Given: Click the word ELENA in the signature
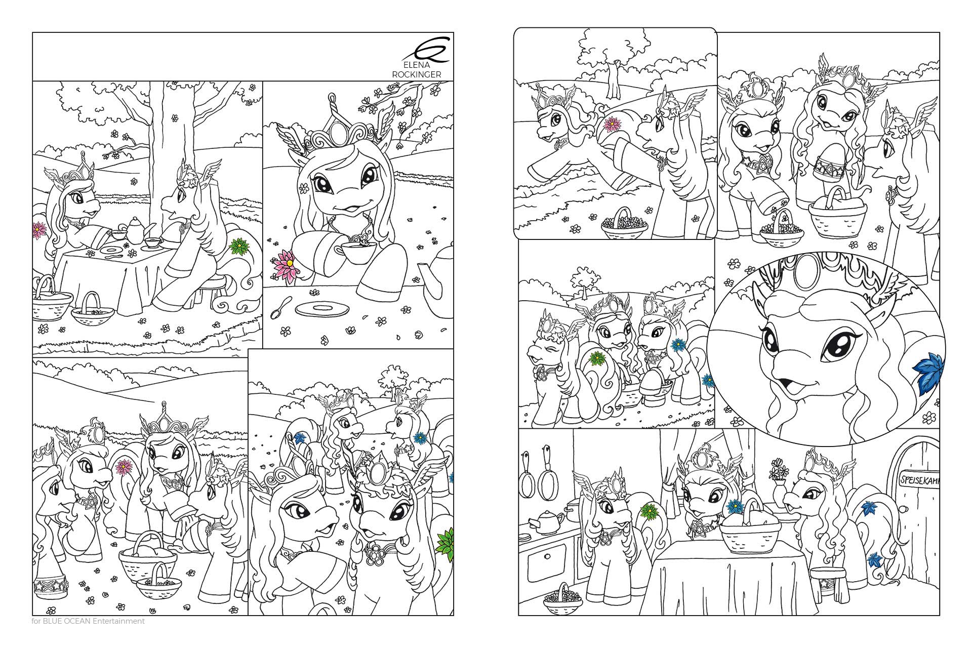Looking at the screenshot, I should pyautogui.click(x=417, y=65).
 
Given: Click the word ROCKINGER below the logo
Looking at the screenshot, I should pyautogui.click(x=417, y=74).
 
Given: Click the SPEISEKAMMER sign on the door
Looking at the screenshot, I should pyautogui.click(x=918, y=480).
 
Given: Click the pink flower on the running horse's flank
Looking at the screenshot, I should pyautogui.click(x=613, y=123).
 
